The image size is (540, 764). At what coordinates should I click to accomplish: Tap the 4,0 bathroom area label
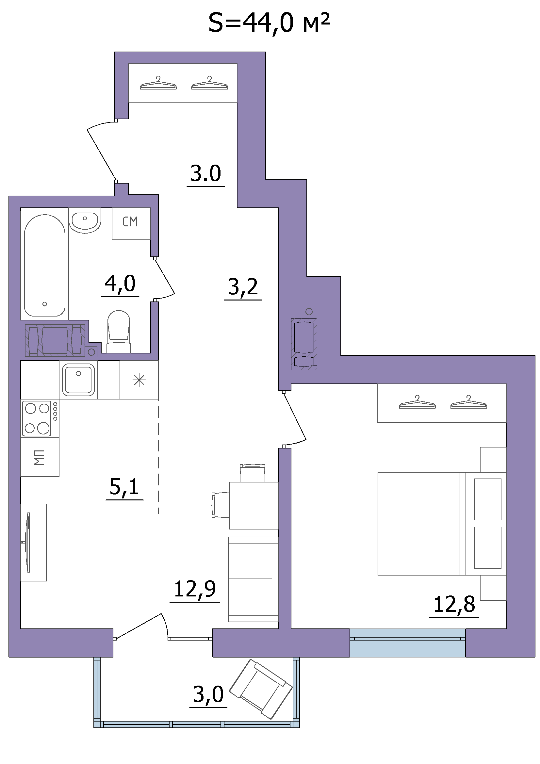(120, 284)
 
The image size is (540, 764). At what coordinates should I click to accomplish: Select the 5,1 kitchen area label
(124, 487)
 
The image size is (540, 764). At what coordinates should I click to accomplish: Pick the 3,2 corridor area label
(243, 287)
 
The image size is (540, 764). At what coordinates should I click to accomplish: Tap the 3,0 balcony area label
(208, 694)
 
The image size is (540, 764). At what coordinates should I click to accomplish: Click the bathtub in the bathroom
(44, 265)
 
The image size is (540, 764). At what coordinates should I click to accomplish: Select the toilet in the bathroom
(119, 332)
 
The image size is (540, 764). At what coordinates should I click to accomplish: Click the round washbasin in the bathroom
(85, 220)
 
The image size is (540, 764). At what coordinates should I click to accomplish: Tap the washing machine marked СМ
(131, 224)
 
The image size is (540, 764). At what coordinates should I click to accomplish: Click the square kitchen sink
(78, 380)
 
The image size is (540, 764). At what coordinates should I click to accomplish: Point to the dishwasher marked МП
(40, 457)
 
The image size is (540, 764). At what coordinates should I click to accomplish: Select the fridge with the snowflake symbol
(139, 380)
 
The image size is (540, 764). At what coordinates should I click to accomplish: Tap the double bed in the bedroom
(442, 523)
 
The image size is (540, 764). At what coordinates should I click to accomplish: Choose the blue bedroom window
(407, 642)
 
